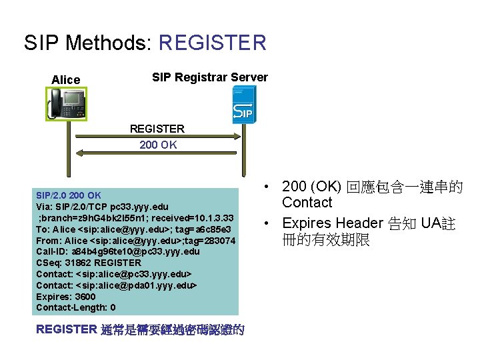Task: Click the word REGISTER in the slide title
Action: point(213,43)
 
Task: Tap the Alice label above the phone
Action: point(65,80)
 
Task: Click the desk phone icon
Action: point(66,104)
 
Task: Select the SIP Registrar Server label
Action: point(210,77)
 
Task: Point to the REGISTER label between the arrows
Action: point(157,129)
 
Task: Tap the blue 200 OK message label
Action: point(158,145)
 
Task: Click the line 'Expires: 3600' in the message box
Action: point(66,297)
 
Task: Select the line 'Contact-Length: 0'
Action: point(76,307)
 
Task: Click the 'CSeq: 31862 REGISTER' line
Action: point(89,263)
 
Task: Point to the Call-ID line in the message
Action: point(118,251)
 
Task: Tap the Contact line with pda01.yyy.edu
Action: point(117,285)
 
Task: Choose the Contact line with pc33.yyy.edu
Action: point(115,274)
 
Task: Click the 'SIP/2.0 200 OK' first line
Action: point(69,195)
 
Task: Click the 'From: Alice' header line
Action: point(135,241)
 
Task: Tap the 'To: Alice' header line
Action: point(135,229)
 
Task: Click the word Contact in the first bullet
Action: point(307,203)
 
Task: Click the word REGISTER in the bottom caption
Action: point(67,329)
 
